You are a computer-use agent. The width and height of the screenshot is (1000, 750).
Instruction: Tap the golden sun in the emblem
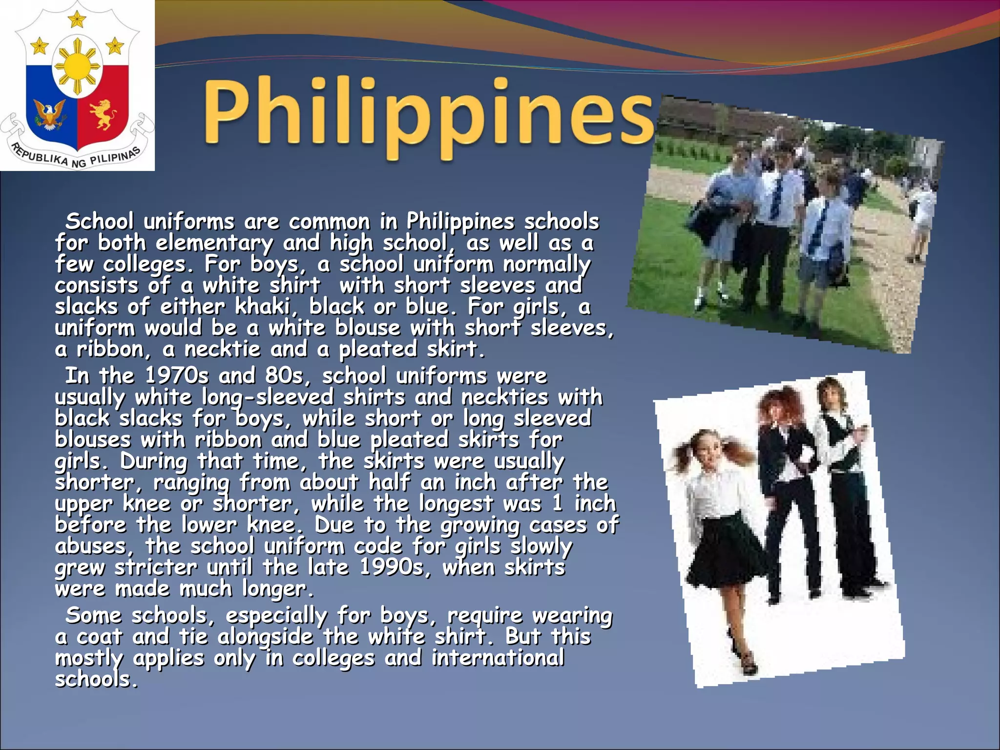coord(77,66)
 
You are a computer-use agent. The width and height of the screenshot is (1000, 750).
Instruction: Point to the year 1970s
coord(177,376)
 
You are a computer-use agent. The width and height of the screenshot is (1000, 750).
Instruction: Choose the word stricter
coord(156,567)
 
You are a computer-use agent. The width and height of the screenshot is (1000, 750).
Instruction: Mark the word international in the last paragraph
coord(498,658)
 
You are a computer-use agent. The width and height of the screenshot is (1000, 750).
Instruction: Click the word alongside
coord(265,637)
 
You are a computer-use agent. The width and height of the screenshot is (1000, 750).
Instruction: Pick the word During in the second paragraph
coord(153,461)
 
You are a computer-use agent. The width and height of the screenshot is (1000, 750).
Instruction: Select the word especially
coord(276,616)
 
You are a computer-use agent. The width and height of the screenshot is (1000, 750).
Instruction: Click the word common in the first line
coord(329,222)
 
